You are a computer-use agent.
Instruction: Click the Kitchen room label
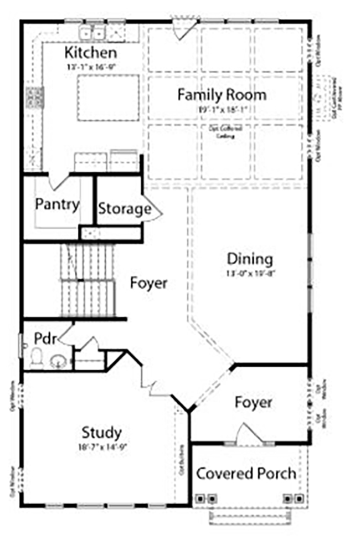[91, 53]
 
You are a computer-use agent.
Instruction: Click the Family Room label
[222, 95]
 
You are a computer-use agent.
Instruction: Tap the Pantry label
[57, 204]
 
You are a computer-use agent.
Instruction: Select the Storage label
[124, 209]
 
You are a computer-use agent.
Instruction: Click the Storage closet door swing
[152, 208]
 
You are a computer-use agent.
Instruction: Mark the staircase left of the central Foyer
[88, 274]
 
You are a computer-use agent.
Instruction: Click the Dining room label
[250, 259]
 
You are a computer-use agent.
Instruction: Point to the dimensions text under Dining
[250, 273]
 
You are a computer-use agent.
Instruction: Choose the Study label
[102, 432]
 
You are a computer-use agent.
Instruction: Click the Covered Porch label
[246, 474]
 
